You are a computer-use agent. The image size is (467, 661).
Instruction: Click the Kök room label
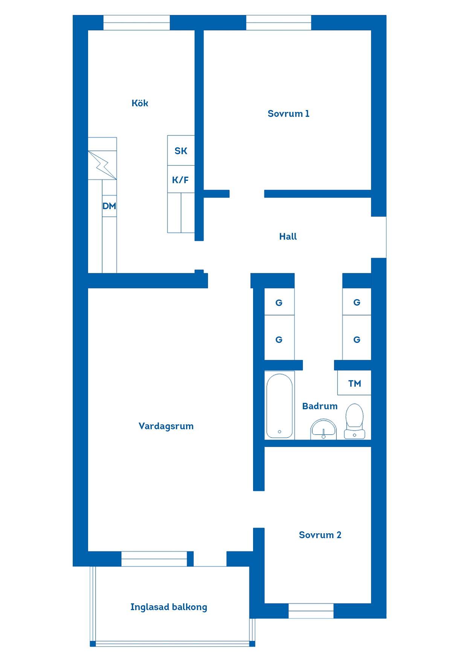140,103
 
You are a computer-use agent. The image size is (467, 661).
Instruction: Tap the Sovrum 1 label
288,113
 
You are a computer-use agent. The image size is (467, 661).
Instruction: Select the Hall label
288,236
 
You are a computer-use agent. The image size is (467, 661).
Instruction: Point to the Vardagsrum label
166,426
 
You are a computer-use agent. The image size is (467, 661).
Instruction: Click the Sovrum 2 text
320,535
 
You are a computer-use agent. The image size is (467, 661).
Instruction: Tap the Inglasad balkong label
169,607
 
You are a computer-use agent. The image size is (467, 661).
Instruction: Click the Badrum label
320,406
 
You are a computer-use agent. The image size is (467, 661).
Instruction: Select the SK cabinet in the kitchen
181,150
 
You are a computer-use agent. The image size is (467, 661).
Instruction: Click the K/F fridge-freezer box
181,179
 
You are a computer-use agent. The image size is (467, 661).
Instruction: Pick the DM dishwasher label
109,206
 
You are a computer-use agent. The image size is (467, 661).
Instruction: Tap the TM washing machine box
354,383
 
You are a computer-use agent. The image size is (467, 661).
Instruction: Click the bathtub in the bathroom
279,405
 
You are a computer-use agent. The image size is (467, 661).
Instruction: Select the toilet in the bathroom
354,421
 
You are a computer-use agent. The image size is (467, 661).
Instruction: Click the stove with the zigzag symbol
102,165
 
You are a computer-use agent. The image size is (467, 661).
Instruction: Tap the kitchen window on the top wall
136,23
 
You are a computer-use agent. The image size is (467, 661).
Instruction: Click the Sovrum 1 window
279,23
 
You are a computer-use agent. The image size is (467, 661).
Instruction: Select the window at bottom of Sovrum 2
311,611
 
